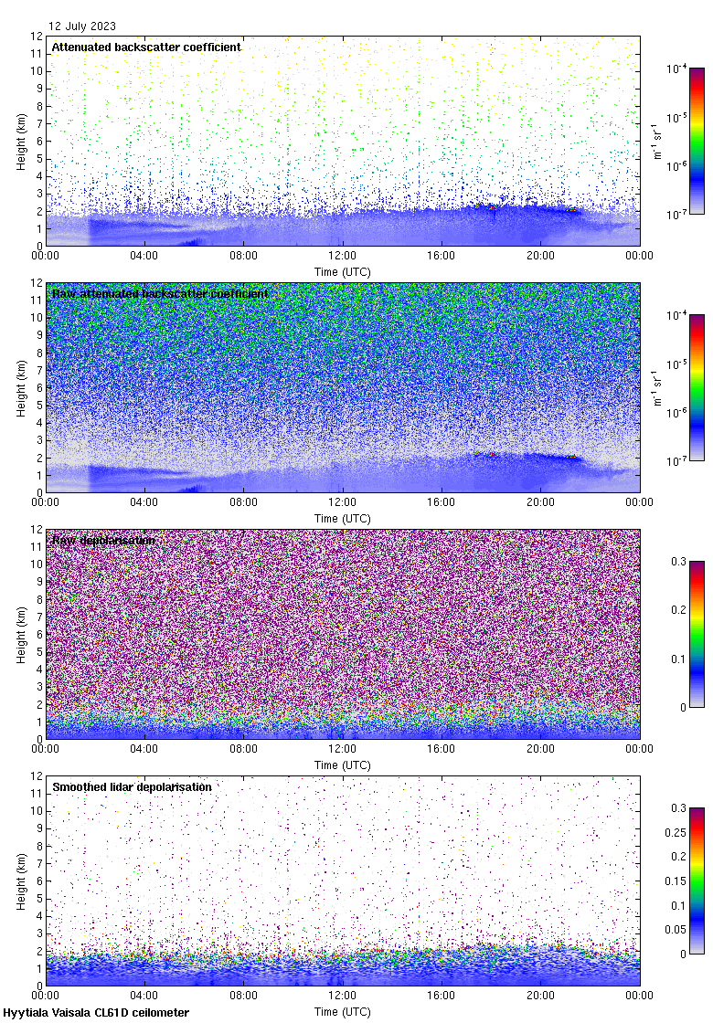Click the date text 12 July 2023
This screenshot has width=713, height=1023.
tap(82, 26)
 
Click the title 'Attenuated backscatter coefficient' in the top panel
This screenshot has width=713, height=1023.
tap(146, 47)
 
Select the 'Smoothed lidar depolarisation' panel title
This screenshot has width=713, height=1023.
tap(132, 786)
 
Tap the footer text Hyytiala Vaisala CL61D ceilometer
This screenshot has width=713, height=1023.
tap(96, 1013)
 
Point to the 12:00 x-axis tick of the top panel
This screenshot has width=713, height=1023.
tap(343, 256)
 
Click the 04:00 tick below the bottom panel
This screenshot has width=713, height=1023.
tap(144, 996)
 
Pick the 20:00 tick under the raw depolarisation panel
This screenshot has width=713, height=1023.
tap(540, 749)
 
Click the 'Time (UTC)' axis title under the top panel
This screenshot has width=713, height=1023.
tap(343, 271)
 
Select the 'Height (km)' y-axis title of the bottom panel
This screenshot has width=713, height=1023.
tap(21, 881)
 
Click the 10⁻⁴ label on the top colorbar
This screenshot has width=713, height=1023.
tap(677, 69)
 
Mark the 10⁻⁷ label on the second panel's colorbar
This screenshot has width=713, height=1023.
tap(677, 461)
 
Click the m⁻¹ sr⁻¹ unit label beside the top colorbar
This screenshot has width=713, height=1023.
tap(655, 141)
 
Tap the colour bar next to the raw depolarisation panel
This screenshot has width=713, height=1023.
tap(697, 634)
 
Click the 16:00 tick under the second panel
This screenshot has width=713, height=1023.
tap(442, 502)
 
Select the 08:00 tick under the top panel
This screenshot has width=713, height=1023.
tap(243, 256)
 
